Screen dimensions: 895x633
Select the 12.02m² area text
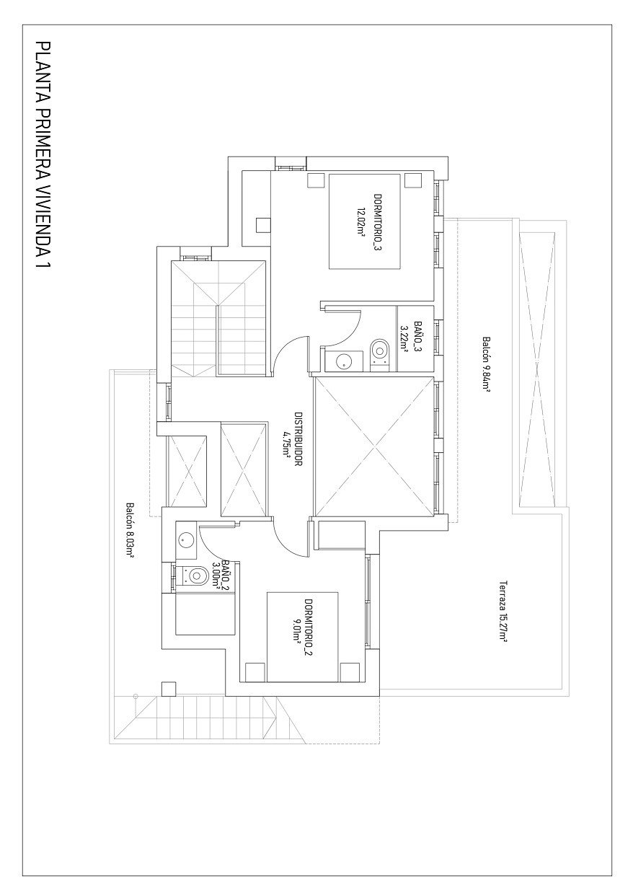(360, 222)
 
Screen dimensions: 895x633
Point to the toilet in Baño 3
(380, 351)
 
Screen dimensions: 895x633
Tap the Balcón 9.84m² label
(487, 363)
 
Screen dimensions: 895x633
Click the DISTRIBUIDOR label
(298, 439)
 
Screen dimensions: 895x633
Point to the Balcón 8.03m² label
(130, 531)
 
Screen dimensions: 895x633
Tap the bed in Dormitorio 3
(365, 221)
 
